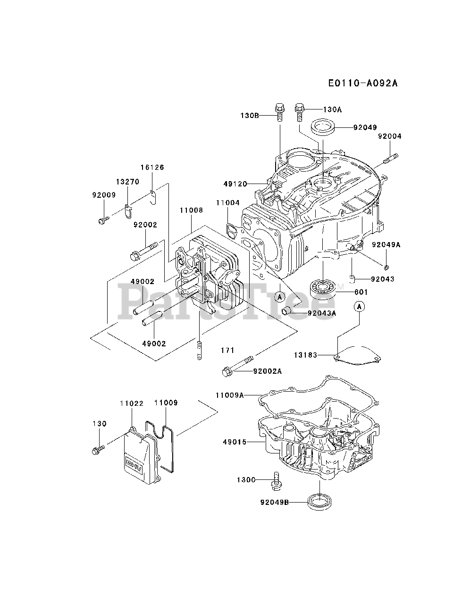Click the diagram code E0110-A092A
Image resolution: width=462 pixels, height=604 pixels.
point(363,83)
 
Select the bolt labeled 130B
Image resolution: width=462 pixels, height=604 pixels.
point(279,112)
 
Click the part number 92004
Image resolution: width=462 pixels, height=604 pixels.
point(390,136)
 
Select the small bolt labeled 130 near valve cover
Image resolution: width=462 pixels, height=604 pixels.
point(98,449)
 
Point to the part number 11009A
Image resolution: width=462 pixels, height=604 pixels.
point(230,395)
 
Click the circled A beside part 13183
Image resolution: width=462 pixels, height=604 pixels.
point(359,306)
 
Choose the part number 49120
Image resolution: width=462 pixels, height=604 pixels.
point(235,184)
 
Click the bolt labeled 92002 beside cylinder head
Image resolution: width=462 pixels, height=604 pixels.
point(144,251)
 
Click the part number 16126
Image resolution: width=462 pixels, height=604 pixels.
point(152,168)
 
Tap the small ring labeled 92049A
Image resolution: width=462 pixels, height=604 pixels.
point(386,267)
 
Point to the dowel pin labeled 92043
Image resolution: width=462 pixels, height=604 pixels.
point(352,279)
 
